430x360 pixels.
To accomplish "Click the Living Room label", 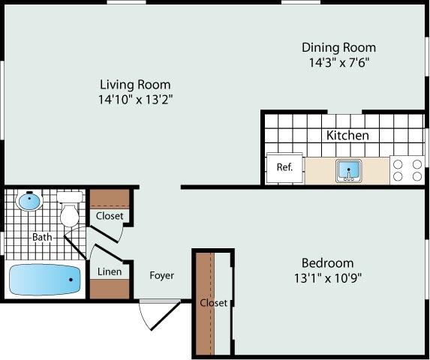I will (x=135, y=85).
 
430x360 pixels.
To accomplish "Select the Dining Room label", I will (x=338, y=48).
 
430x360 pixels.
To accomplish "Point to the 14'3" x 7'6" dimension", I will (x=338, y=62).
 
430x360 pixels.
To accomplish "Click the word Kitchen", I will (x=347, y=136).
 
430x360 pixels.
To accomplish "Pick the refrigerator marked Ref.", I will (x=285, y=167).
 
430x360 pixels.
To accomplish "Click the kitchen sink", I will (x=348, y=169).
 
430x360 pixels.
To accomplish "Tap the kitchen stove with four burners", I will (x=407, y=169).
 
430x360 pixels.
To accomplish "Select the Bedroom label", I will (x=327, y=263).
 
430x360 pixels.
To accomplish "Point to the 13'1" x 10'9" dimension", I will (x=327, y=277).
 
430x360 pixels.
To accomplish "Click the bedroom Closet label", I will (x=214, y=303).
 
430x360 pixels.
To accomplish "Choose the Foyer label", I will (x=161, y=276).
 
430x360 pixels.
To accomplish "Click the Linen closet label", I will (x=110, y=271).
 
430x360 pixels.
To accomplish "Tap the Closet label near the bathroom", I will (x=110, y=216).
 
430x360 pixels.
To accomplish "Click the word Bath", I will (x=42, y=238).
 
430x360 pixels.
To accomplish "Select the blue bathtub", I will (x=45, y=280).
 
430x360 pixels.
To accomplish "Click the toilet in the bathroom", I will (x=69, y=210).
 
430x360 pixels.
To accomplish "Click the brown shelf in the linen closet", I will (x=110, y=289).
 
